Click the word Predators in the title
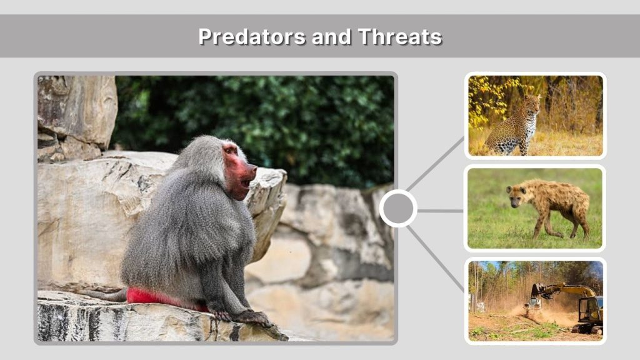(x=242, y=36)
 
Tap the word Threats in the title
(x=400, y=36)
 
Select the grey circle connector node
(x=398, y=209)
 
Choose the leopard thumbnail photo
(x=535, y=115)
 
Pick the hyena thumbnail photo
(x=535, y=208)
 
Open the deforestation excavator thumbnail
(x=535, y=301)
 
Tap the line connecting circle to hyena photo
(x=441, y=211)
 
